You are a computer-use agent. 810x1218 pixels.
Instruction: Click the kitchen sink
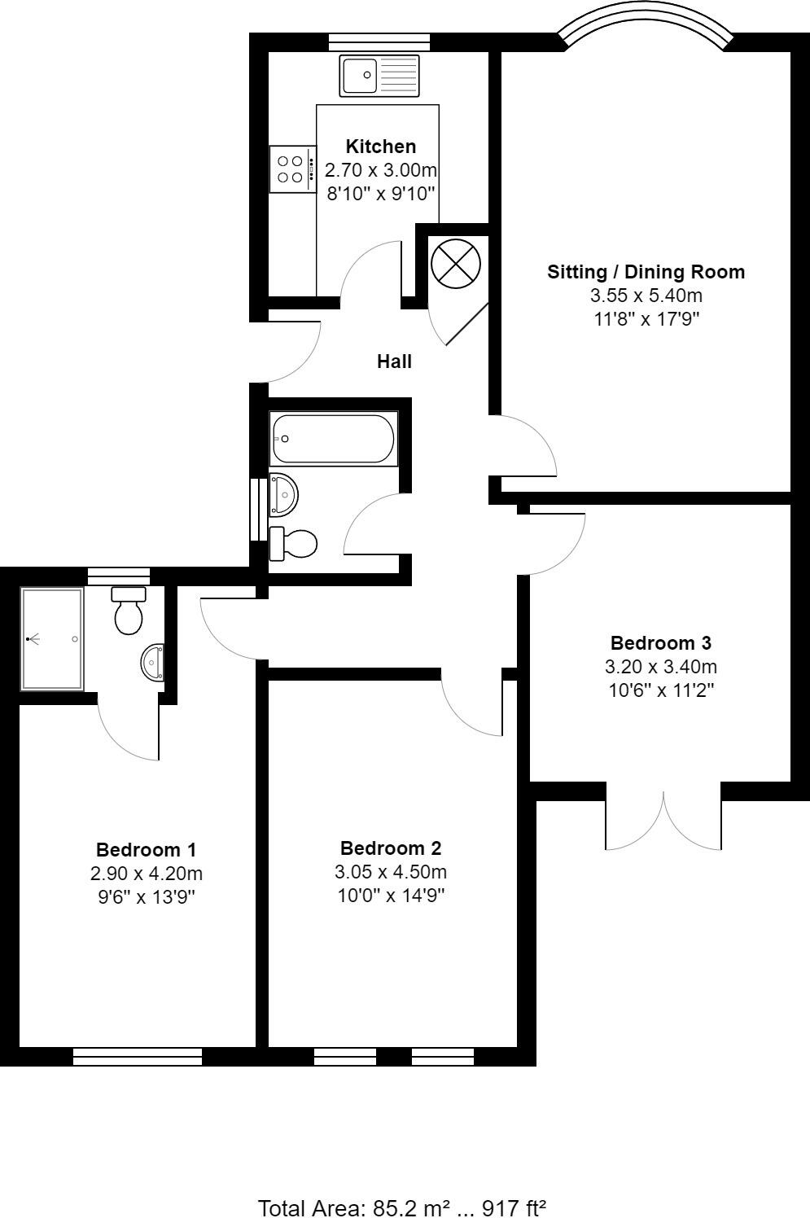click(379, 75)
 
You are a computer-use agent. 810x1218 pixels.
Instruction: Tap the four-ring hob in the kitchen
click(291, 169)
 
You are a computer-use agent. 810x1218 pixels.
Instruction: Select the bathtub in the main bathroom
click(333, 439)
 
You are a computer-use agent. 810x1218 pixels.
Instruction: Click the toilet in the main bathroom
click(294, 544)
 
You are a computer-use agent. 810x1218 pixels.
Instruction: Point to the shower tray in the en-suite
click(52, 639)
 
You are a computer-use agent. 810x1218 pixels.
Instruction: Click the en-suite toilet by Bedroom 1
click(129, 611)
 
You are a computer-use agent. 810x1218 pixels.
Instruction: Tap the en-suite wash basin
click(153, 662)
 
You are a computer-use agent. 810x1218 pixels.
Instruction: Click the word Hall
click(394, 361)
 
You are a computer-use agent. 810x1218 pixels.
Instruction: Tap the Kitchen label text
click(381, 147)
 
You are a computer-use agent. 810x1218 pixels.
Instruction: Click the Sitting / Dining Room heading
click(646, 272)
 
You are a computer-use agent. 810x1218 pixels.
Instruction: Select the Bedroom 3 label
click(660, 642)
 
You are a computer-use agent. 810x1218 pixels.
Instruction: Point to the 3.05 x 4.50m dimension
click(391, 872)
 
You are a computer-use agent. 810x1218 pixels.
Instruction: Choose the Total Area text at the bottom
click(401, 1207)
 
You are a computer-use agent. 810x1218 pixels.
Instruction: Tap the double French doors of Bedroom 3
click(663, 818)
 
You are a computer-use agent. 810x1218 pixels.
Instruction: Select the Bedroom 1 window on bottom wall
click(138, 1057)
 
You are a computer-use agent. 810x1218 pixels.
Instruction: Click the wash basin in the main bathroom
click(284, 494)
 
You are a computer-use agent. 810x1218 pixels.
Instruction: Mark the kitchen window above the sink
click(379, 41)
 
